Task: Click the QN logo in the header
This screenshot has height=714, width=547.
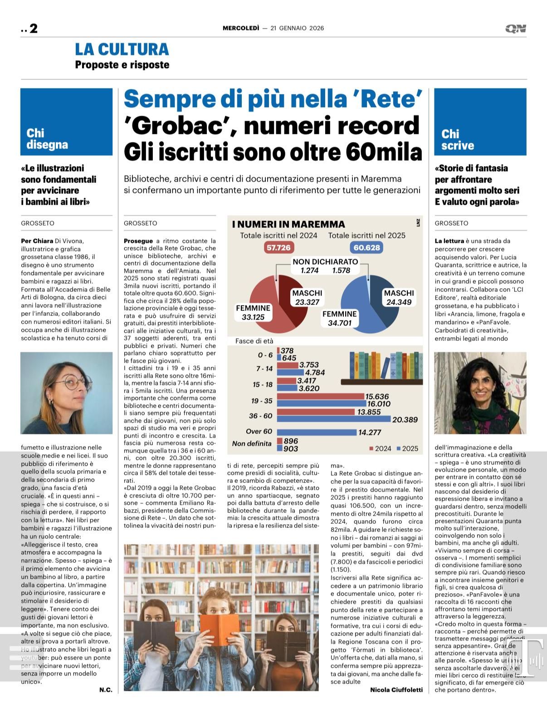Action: tap(516, 29)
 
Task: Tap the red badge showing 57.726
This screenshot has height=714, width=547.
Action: tap(278, 247)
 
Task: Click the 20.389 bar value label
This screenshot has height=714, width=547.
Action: tap(405, 419)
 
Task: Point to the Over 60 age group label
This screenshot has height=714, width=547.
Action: tap(259, 431)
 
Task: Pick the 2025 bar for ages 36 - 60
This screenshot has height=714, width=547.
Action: tap(333, 419)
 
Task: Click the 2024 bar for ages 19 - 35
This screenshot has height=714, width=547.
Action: tap(321, 397)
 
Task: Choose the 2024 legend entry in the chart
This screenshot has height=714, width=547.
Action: tap(380, 448)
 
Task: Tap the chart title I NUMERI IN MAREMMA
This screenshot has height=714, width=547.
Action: tap(288, 224)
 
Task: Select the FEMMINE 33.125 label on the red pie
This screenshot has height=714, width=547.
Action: tap(253, 312)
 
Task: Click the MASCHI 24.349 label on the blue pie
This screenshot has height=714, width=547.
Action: tap(399, 297)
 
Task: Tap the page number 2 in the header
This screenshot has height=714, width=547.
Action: tap(33, 29)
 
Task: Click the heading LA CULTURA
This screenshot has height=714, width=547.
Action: tap(122, 49)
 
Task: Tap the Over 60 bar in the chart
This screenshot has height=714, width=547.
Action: tap(317, 432)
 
